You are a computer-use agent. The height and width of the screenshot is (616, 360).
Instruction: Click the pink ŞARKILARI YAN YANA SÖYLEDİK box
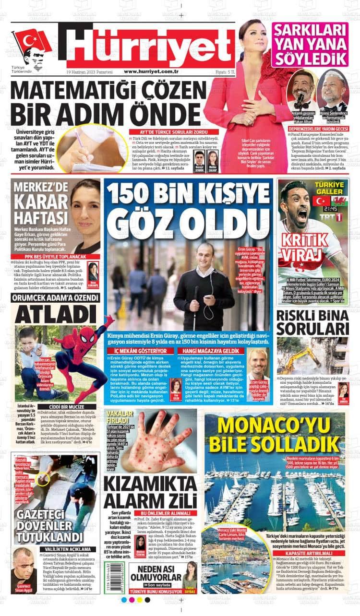(310, 44)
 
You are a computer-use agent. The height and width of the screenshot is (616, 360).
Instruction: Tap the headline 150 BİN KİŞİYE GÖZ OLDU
(190, 211)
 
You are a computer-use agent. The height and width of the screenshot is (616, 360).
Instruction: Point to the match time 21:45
(329, 209)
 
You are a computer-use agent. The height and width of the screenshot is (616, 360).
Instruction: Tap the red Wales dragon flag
(339, 200)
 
